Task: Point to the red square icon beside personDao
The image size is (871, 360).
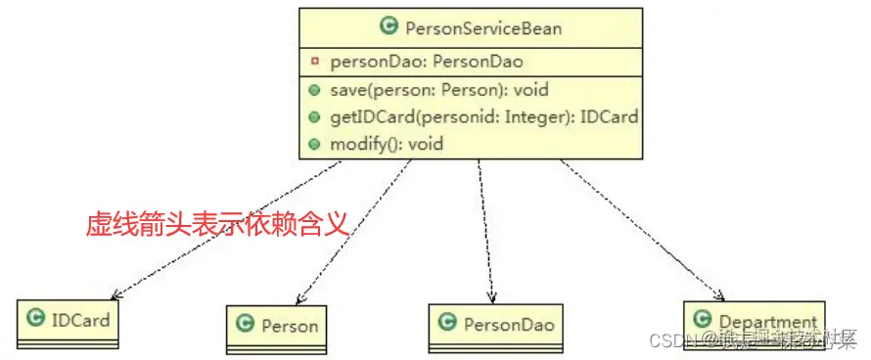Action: [x=314, y=61]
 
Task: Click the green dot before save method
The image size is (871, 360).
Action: [x=313, y=90]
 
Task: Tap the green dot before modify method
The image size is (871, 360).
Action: [x=313, y=144]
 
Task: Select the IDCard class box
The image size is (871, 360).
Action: [x=69, y=322]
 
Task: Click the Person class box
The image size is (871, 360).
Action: [x=278, y=328]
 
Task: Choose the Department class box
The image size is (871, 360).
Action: [x=754, y=323]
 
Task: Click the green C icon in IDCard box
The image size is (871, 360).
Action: [x=37, y=318]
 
